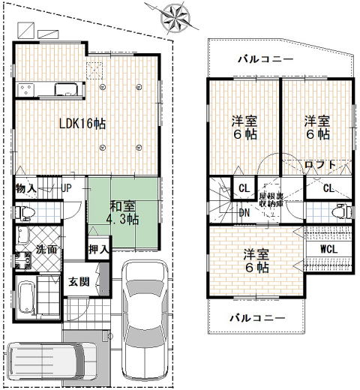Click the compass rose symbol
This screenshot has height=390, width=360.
click(x=175, y=17)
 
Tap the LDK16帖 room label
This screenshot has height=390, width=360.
click(x=82, y=124)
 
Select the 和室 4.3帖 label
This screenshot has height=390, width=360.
click(x=122, y=213)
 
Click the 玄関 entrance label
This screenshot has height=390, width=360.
click(x=79, y=282)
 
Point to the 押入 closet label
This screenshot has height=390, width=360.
click(x=99, y=249)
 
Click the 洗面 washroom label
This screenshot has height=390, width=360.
click(x=46, y=249)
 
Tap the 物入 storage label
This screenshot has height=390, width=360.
click(x=25, y=188)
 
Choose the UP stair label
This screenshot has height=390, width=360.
click(x=67, y=188)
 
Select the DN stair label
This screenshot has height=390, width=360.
click(x=244, y=213)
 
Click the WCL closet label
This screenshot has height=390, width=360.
click(x=328, y=249)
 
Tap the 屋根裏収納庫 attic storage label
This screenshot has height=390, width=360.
click(x=271, y=199)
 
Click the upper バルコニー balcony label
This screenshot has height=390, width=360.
click(x=265, y=59)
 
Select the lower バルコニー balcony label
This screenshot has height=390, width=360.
click(x=257, y=318)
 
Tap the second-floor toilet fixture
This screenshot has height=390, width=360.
click(x=343, y=211)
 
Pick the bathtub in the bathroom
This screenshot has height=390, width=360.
click(x=26, y=297)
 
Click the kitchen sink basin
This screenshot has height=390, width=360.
click(x=66, y=89)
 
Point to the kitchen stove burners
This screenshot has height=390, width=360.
click(x=26, y=89)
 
